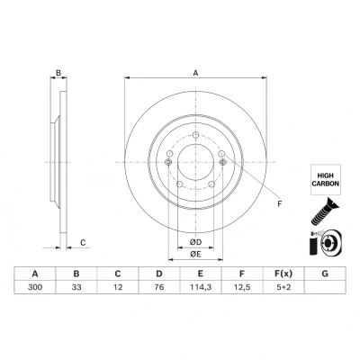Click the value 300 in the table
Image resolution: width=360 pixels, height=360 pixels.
coord(35,287)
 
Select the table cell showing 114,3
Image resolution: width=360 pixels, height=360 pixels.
coord(201,287)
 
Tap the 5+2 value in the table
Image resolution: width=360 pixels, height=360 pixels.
coord(283,287)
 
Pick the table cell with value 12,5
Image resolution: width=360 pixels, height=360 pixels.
coord(242,287)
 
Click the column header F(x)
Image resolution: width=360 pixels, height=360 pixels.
coord(283,274)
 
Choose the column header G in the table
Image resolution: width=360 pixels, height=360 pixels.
coord(325,274)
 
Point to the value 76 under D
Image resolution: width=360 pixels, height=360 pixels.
coord(159,287)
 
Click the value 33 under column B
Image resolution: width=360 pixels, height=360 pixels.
coord(76,287)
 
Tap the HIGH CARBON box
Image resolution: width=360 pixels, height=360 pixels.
coord(326,179)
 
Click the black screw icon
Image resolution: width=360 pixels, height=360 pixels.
coord(325,211)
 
